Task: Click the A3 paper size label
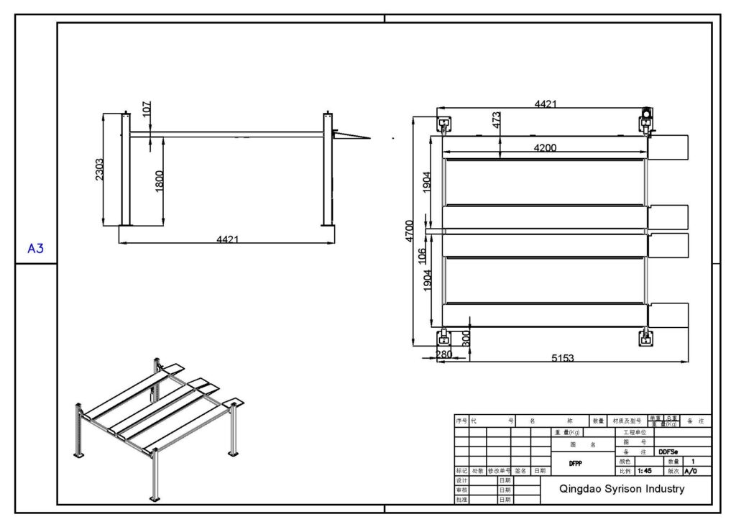click(x=36, y=249)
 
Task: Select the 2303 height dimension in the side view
click(x=100, y=170)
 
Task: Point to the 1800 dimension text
click(x=159, y=180)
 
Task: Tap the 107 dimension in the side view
click(x=147, y=109)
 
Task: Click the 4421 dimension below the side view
click(x=227, y=239)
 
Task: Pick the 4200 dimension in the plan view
click(x=544, y=148)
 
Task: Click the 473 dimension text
click(x=496, y=120)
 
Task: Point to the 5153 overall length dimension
click(x=562, y=357)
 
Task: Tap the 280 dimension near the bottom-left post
click(x=444, y=354)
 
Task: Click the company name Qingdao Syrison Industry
click(x=622, y=489)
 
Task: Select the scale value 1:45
click(x=645, y=472)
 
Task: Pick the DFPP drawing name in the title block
click(x=575, y=464)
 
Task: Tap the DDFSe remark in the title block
click(x=668, y=452)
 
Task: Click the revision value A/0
click(x=691, y=472)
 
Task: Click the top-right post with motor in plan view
click(x=647, y=119)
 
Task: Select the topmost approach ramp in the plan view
click(x=668, y=147)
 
